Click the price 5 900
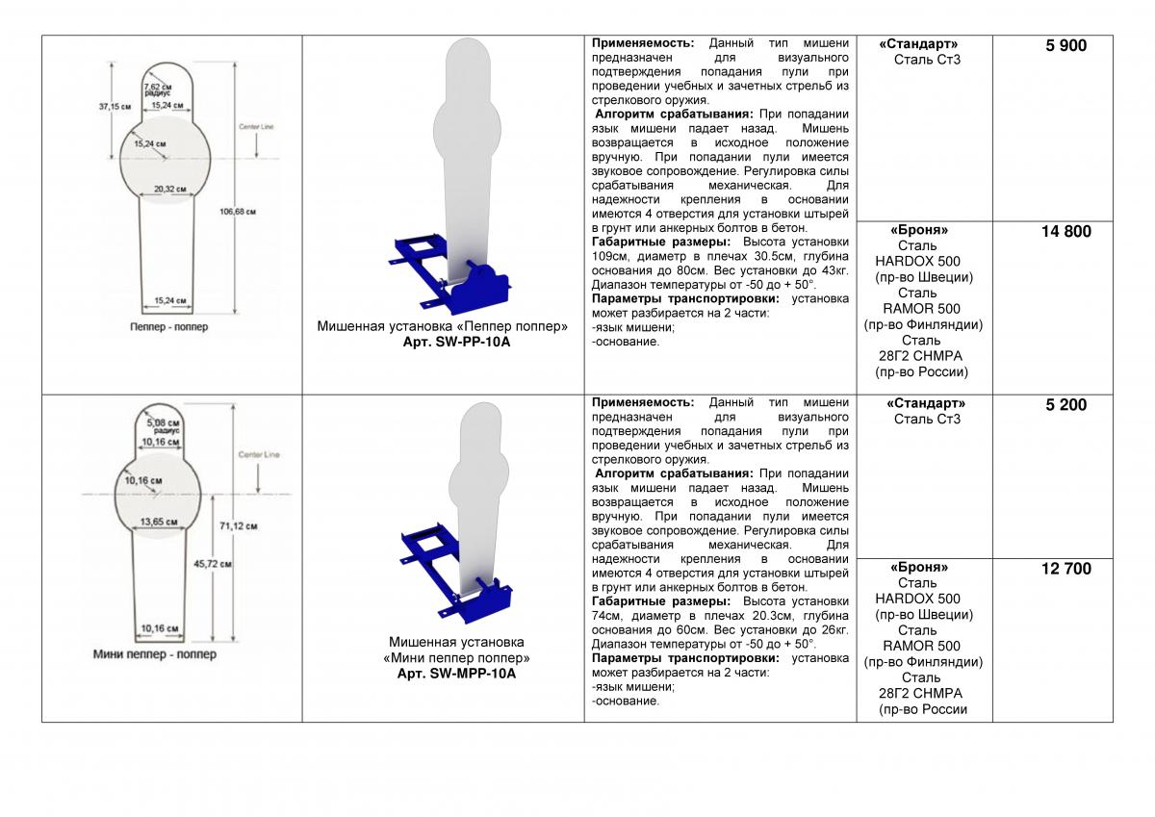[1065, 45]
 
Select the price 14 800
[1065, 231]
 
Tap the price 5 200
[1065, 405]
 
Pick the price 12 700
[1065, 569]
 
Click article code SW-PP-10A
[442, 342]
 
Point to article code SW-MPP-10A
[456, 674]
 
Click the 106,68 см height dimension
[238, 211]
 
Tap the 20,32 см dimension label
[169, 190]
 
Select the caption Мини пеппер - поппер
[154, 654]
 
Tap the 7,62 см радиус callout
[158, 89]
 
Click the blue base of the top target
[452, 274]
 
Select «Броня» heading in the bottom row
[918, 568]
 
